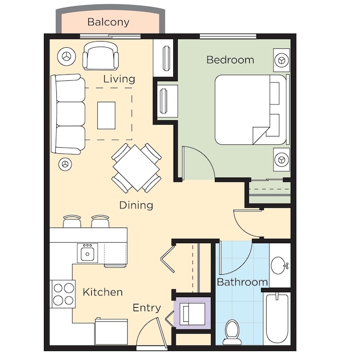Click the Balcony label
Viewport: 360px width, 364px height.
point(109,22)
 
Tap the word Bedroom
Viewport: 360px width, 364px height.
point(230,60)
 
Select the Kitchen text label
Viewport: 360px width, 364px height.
point(102,292)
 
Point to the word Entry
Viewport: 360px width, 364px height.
point(147,308)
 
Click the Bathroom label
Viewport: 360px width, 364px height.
point(242,282)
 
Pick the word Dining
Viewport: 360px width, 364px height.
point(136,206)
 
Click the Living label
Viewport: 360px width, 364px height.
point(119,79)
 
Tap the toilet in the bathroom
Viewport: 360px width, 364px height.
point(232,332)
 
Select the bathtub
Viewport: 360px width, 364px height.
point(277,319)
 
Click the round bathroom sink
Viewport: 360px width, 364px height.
point(280,265)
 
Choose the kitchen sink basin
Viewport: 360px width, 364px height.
point(87,253)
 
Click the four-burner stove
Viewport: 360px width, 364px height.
point(63,294)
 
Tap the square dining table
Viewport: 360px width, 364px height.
point(136,168)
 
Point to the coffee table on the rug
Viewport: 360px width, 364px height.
point(106,115)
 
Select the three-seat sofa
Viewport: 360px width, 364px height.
point(68,113)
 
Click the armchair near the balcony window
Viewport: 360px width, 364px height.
point(100,56)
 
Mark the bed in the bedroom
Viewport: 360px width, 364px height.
point(252,110)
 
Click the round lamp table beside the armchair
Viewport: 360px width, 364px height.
point(66,56)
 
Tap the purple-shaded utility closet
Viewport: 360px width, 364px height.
point(192,313)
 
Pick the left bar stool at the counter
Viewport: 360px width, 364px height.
point(72,222)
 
